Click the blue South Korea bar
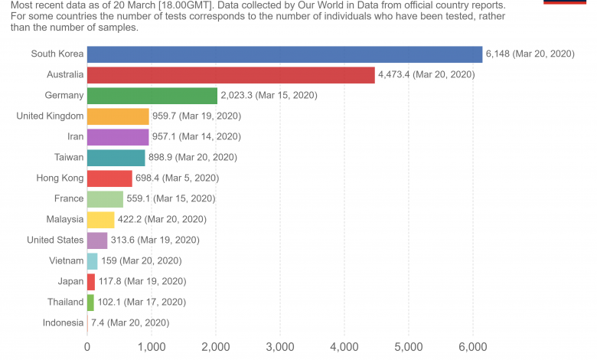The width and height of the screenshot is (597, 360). coord(285,54)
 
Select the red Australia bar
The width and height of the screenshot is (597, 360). coord(230,74)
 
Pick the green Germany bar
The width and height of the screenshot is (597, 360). coord(152,95)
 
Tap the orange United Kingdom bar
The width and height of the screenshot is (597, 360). coord(118,116)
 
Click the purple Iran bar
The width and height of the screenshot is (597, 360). coord(118,136)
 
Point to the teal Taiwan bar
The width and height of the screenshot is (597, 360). coord(116,157)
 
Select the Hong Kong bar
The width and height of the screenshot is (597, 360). coord(109,178)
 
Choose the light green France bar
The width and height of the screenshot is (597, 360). coord(105,198)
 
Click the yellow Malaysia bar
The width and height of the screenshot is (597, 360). coord(100,219)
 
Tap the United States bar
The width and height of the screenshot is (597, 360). coord(97,240)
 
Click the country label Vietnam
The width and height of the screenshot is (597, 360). coord(65,260)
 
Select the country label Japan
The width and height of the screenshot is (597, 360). coord(70,281)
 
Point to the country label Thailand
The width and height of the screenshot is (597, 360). coord(64,302)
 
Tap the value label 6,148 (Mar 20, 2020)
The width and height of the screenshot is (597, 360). coord(530,54)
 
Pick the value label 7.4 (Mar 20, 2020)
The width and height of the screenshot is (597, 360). coord(130,322)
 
